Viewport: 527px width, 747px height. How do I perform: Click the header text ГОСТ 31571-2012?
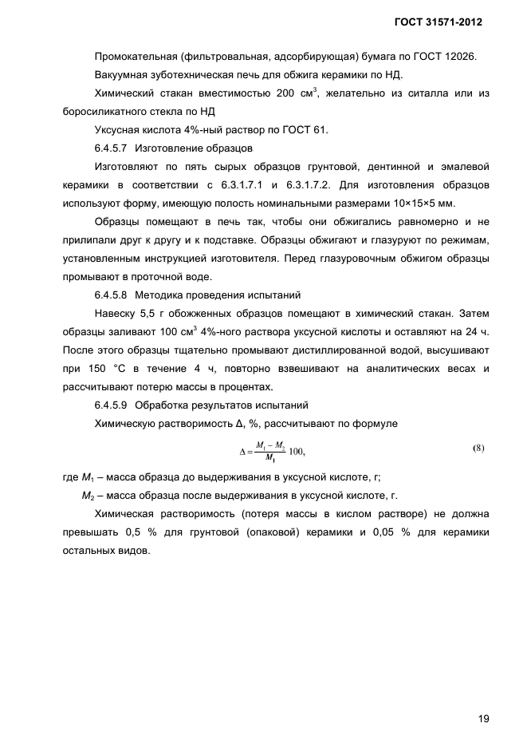pos(439,22)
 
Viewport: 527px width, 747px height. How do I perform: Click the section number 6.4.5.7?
pos(114,148)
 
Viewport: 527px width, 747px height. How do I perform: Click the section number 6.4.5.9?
pos(114,405)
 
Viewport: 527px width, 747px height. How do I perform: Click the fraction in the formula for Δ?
pos(269,451)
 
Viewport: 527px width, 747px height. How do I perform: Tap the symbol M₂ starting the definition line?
pos(88,496)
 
